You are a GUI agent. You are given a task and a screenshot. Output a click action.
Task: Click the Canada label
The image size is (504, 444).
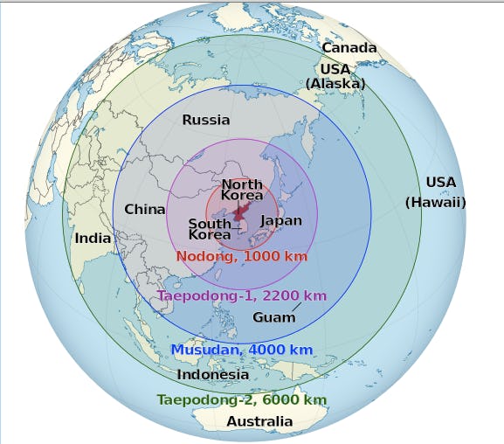click(x=349, y=48)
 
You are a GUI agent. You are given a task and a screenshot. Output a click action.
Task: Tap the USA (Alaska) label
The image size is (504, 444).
click(x=335, y=76)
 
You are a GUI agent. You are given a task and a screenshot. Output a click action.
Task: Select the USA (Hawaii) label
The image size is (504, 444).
click(x=437, y=192)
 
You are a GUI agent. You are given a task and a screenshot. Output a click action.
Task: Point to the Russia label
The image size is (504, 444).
click(x=206, y=120)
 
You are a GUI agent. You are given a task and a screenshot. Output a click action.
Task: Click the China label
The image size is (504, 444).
click(x=145, y=210)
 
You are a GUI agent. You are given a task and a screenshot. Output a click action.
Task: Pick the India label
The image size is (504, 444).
click(x=93, y=238)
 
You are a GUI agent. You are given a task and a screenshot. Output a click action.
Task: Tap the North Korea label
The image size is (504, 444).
click(x=242, y=190)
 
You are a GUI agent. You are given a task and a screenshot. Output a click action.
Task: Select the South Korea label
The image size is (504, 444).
click(x=211, y=229)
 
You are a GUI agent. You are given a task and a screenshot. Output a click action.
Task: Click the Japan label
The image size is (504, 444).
click(x=281, y=221)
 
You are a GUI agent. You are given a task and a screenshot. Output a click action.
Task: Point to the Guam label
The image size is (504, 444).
click(x=274, y=317)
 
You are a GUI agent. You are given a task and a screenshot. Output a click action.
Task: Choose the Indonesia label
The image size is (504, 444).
click(x=213, y=374)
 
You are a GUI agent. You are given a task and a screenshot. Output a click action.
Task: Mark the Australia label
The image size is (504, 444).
click(x=259, y=421)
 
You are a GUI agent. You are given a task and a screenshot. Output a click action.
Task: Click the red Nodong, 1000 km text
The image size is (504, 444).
click(x=242, y=257)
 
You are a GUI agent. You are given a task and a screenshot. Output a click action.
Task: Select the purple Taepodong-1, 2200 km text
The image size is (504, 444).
click(x=242, y=296)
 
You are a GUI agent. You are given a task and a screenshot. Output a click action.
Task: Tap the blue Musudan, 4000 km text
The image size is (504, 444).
click(x=241, y=350)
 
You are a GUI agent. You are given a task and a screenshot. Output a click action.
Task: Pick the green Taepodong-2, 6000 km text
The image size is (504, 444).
click(x=242, y=399)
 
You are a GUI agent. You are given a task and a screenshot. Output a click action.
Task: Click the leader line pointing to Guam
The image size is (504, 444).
click(x=297, y=307)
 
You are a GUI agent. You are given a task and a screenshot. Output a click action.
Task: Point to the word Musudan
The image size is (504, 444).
click(x=202, y=350)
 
